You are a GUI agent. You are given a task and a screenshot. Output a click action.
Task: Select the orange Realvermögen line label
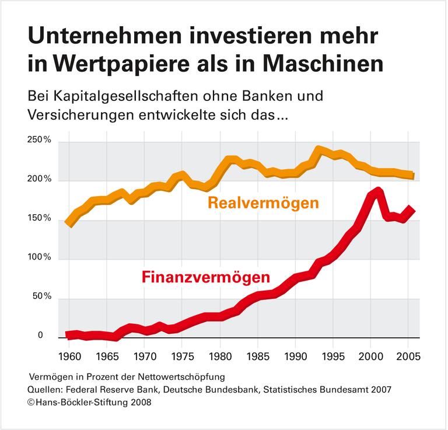pyautogui.click(x=262, y=204)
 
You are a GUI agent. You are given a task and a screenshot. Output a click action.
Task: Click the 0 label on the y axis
pyautogui.click(x=40, y=335)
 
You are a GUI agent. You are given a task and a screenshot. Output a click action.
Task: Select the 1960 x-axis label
pyautogui.click(x=69, y=356)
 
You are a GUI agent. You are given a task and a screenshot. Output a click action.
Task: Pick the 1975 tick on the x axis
pyautogui.click(x=182, y=356)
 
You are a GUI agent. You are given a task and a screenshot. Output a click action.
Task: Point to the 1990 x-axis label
pyautogui.click(x=296, y=356)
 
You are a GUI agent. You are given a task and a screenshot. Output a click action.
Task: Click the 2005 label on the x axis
pyautogui.click(x=408, y=356)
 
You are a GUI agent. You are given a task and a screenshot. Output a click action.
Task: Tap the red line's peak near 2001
pyautogui.click(x=378, y=191)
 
